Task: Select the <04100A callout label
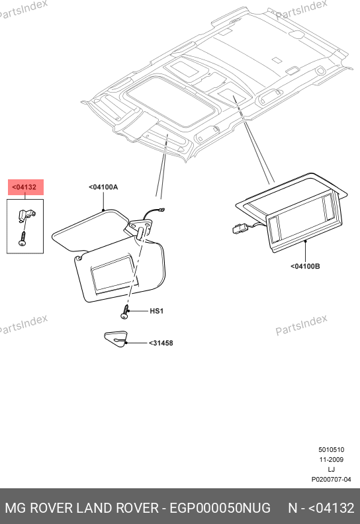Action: (103, 187)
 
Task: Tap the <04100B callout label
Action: (305, 267)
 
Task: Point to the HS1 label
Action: (156, 311)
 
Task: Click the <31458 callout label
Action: (161, 343)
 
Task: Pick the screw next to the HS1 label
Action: (125, 312)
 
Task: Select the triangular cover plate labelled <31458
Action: (116, 339)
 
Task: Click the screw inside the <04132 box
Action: (22, 239)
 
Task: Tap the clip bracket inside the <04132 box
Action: (26, 215)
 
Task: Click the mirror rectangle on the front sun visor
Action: (114, 275)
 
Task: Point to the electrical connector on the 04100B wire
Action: (239, 228)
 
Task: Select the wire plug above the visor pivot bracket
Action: (162, 210)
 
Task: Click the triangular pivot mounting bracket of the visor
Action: (141, 226)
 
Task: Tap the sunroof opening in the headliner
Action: (171, 101)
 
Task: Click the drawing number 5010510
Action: (331, 450)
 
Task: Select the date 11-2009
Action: (331, 460)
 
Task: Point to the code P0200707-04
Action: (331, 480)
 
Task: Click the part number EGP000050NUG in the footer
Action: (220, 508)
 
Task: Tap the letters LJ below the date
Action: (331, 470)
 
